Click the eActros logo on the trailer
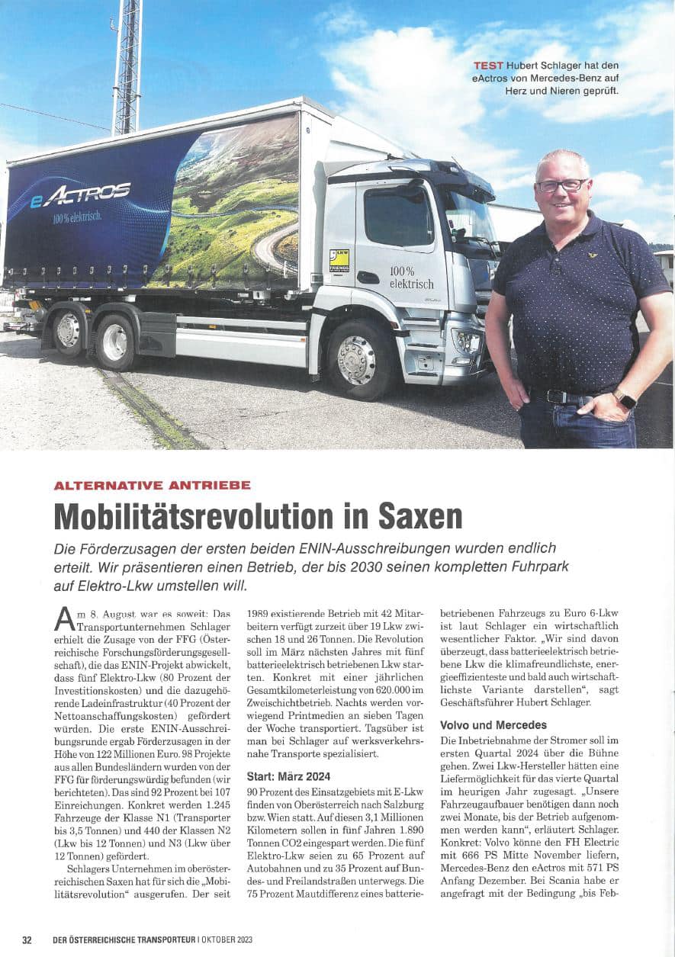pyautogui.click(x=80, y=195)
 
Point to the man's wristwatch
pyautogui.click(x=625, y=399)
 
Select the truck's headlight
pyautogui.click(x=464, y=341)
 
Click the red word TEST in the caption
pyautogui.click(x=488, y=66)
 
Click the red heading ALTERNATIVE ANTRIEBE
pyautogui.click(x=152, y=485)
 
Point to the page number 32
pyautogui.click(x=27, y=940)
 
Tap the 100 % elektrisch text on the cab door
pyautogui.click(x=411, y=278)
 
